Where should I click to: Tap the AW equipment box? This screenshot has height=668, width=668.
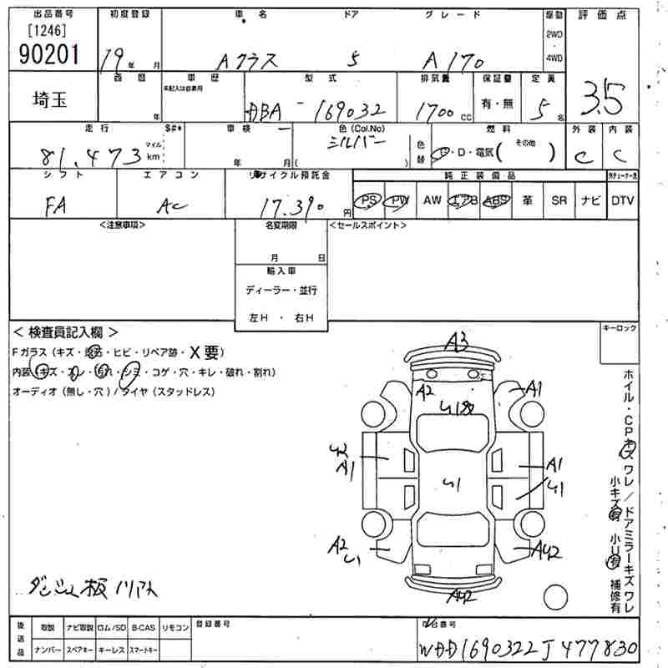pyautogui.click(x=432, y=200)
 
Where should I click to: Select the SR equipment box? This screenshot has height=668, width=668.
pyautogui.click(x=559, y=200)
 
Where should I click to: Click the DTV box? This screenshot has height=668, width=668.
pyautogui.click(x=623, y=200)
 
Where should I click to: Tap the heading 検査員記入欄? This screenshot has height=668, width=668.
pyautogui.click(x=68, y=332)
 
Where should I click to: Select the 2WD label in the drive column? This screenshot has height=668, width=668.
pyautogui.click(x=554, y=35)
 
